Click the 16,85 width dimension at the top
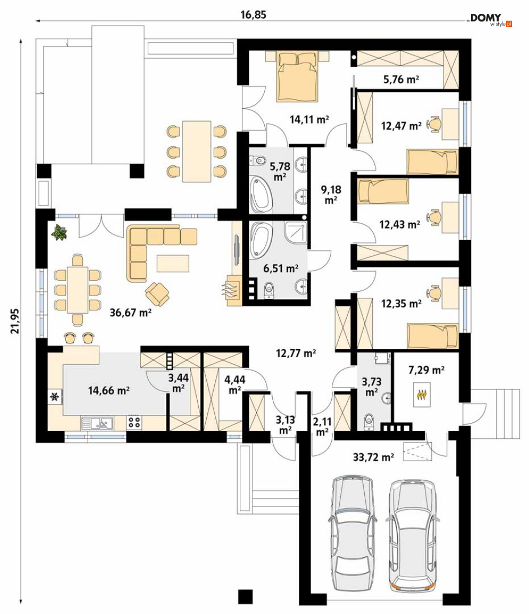click(253, 15)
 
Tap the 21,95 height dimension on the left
click(15, 321)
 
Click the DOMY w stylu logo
click(491, 20)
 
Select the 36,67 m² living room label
click(130, 312)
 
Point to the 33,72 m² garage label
click(373, 457)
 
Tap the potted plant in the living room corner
click(59, 232)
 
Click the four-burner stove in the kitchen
click(134, 422)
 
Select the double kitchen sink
click(97, 423)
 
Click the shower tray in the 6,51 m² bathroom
click(296, 234)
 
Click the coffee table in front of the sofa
click(173, 263)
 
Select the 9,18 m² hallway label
click(331, 195)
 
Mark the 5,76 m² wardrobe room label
click(401, 80)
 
